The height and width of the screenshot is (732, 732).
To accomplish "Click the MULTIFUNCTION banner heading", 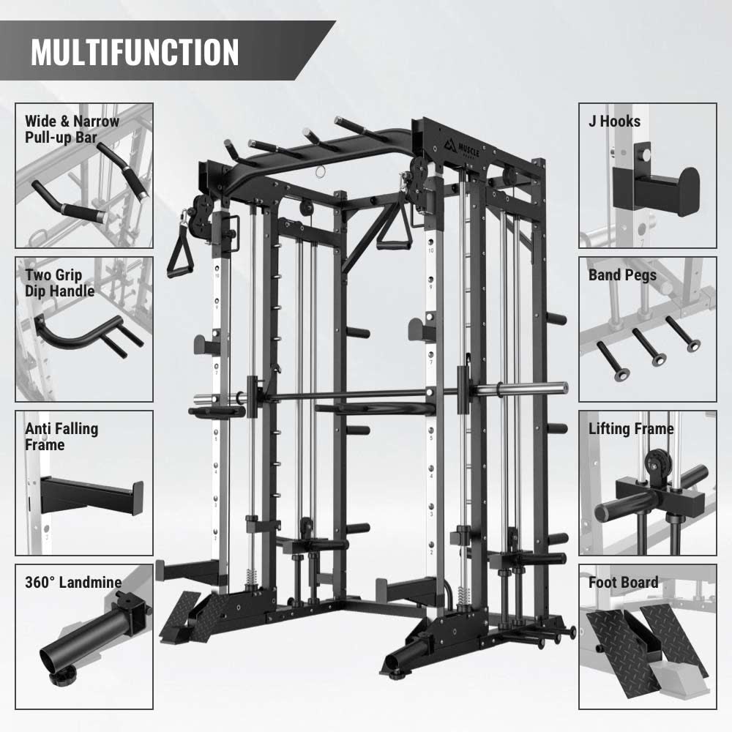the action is click(x=135, y=51).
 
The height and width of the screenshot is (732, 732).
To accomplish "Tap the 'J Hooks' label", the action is click(x=614, y=122).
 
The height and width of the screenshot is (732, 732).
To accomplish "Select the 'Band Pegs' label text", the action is click(x=622, y=275).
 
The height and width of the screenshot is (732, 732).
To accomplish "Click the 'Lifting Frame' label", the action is click(x=631, y=429).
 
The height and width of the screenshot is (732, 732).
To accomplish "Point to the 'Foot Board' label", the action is click(x=623, y=582).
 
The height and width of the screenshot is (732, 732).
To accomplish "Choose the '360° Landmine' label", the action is click(x=73, y=582).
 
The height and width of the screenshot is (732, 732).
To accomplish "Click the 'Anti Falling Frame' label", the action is click(x=61, y=436).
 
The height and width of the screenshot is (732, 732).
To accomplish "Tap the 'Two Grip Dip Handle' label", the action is click(x=60, y=283).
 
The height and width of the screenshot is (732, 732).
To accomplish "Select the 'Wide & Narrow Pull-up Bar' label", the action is click(x=72, y=130).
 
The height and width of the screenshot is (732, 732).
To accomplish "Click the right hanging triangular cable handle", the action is click(x=395, y=228).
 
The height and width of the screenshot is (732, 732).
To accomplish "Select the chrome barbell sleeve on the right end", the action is click(x=531, y=389).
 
